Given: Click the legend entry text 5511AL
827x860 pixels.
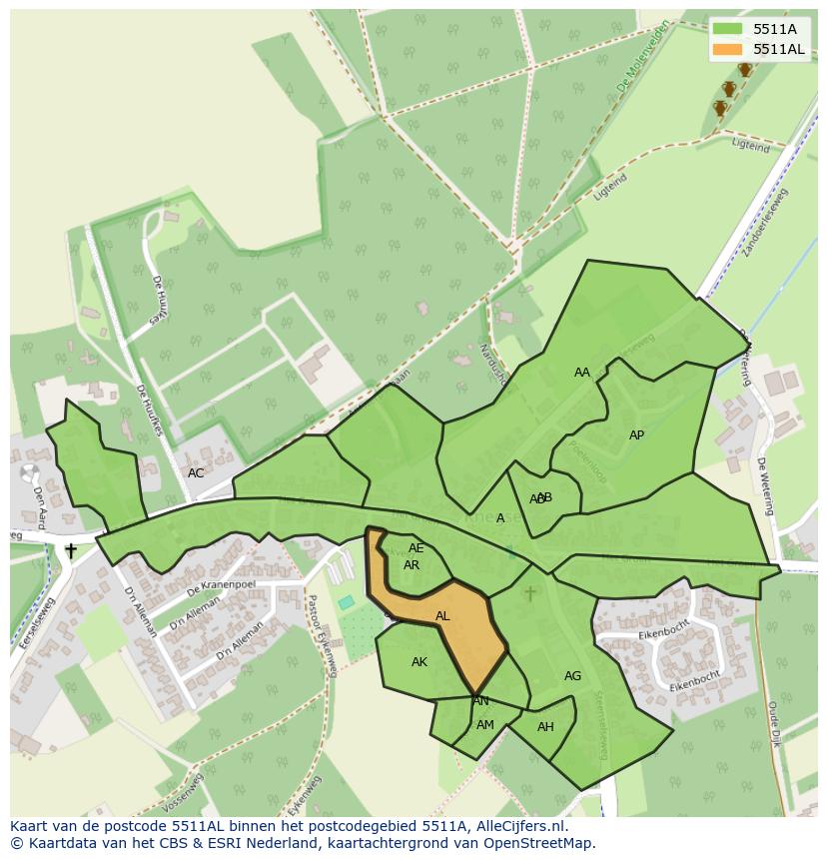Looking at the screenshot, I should tap(778, 49).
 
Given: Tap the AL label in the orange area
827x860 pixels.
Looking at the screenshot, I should tap(442, 616).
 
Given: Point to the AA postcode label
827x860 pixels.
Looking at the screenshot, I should tap(582, 373).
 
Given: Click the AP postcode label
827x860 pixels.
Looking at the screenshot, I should tap(636, 435).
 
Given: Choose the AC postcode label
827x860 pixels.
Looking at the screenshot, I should tap(196, 473).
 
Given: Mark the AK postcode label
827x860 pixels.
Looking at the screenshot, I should tap(419, 662).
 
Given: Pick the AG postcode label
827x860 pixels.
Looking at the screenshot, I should tap(572, 676).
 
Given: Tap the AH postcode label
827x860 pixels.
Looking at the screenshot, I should tap(545, 727).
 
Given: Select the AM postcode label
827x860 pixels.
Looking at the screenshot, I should tap(485, 725).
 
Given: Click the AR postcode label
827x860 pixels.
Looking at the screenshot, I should tap(412, 565).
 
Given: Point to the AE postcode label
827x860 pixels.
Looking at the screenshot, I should tap(416, 548).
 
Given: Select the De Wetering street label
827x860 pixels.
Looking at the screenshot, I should tap(764, 486).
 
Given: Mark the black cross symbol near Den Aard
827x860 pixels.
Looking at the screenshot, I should tap(71, 550).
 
